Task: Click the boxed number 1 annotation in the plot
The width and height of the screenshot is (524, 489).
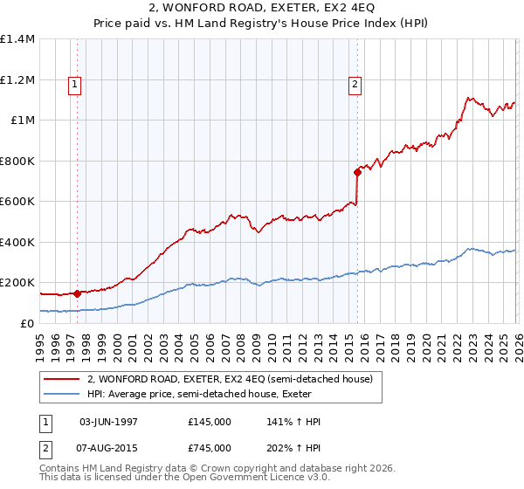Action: (75, 85)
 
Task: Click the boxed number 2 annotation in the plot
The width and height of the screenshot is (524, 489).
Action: (355, 85)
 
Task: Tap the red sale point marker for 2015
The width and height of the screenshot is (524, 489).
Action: (357, 172)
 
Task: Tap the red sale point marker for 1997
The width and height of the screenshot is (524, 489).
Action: (77, 294)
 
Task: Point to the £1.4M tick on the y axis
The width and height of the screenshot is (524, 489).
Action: (17, 39)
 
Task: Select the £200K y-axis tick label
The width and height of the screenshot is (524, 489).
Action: (17, 283)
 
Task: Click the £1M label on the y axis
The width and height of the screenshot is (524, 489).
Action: (22, 121)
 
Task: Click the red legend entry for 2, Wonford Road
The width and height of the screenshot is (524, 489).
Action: (230, 379)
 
